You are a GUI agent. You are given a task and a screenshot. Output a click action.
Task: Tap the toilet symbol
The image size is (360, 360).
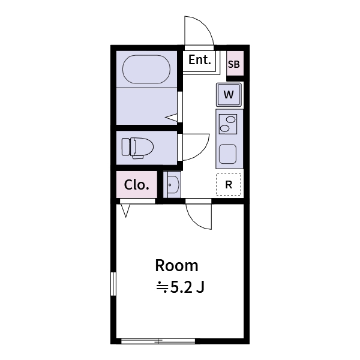pyautogui.click(x=137, y=147)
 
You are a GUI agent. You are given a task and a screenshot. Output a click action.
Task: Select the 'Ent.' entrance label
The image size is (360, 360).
pyautogui.click(x=199, y=60)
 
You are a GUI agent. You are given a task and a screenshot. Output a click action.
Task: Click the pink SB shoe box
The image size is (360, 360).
pyautogui.click(x=234, y=64)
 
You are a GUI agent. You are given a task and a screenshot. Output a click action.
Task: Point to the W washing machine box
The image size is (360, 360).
pyautogui.click(x=229, y=94)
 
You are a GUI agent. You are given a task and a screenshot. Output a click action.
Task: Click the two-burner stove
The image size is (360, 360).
pyautogui.click(x=228, y=124)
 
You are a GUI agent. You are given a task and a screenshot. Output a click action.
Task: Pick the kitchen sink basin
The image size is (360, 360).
pyautogui.click(x=228, y=154)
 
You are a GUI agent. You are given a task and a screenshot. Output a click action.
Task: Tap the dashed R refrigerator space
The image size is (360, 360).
pyautogui.click(x=229, y=185)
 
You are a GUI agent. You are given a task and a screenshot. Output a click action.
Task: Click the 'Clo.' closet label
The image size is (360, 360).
pyautogui.click(x=136, y=185)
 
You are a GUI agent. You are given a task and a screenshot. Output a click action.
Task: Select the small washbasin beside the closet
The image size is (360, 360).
pyautogui.click(x=172, y=185)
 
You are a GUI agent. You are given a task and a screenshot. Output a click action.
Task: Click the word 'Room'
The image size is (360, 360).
pyautogui.click(x=176, y=265)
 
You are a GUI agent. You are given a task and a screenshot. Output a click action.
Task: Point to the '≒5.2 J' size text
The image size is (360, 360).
pyautogui.click(x=181, y=287)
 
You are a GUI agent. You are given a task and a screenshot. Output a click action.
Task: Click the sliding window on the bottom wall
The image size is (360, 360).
pyautogui.click(x=158, y=341)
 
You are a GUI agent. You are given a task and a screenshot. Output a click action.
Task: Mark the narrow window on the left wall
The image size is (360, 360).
pyautogui.click(x=112, y=292)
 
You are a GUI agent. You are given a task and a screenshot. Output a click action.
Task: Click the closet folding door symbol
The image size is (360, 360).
pyautogui.click(x=126, y=210)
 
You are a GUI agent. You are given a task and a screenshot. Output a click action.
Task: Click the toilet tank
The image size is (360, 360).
pyautogui.click(x=125, y=147)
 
